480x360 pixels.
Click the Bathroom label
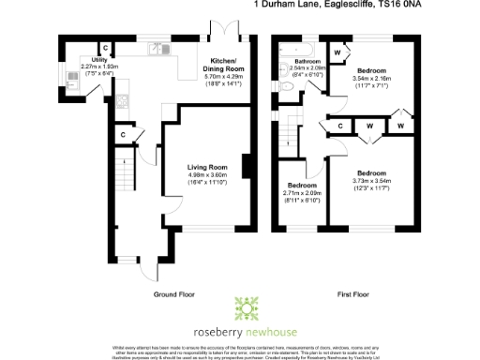289,61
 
